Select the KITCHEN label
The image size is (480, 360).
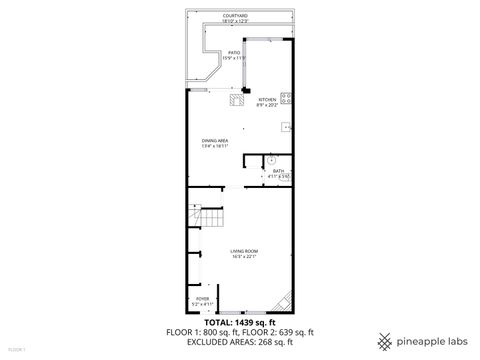pyautogui.click(x=266, y=99)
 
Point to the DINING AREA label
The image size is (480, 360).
pyautogui.click(x=215, y=140)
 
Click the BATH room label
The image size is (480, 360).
pyautogui.click(x=278, y=171)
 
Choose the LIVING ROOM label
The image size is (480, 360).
pyautogui.click(x=244, y=251)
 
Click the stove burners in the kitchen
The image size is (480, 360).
pyautogui.click(x=286, y=97)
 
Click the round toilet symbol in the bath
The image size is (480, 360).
pyautogui.click(x=270, y=158)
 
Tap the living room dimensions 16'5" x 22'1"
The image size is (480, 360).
pyautogui.click(x=244, y=257)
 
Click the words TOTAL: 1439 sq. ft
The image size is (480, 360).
pyautogui.click(x=240, y=322)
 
